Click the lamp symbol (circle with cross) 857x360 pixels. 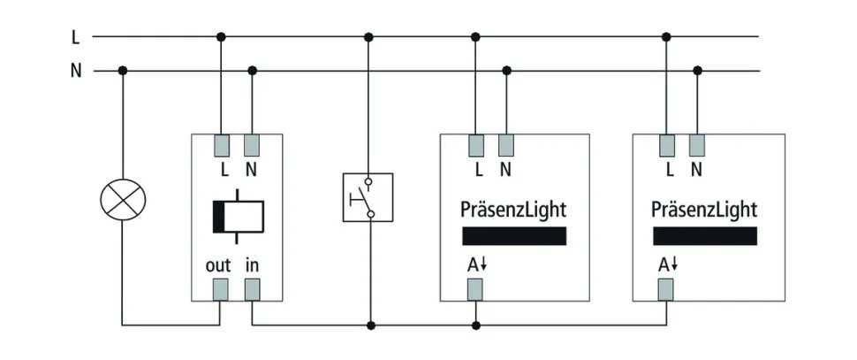click(123, 200)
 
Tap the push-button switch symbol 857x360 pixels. click(368, 196)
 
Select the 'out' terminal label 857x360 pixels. click(217, 265)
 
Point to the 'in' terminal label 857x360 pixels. click(252, 265)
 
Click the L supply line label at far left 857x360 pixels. click(76, 37)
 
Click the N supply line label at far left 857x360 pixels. click(76, 71)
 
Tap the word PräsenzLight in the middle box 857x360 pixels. click(513, 210)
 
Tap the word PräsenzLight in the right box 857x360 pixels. click(704, 210)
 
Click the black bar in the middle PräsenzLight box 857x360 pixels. click(514, 236)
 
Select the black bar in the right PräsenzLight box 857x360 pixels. click(705, 236)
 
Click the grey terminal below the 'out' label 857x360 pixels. click(221, 288)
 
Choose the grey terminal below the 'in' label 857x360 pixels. click(253, 288)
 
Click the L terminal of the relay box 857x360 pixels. click(221, 145)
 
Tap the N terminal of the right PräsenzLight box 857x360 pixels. click(698, 145)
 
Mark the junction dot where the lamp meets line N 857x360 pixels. click(123, 71)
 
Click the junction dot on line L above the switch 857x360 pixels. click(368, 37)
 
